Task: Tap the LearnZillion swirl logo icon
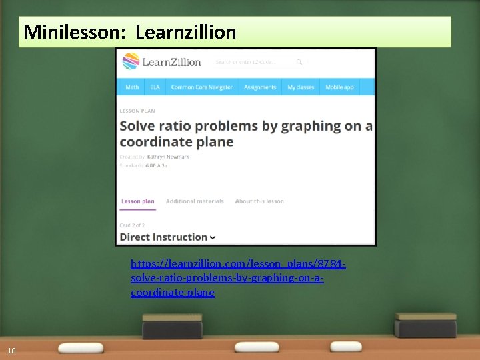pos(129,62)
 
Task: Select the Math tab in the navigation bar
pos(132,87)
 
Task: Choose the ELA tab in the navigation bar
pos(155,87)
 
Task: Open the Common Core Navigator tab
pos(201,87)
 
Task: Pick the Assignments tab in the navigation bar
pos(260,87)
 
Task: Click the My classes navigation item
pos(301,87)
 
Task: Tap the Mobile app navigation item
pos(340,87)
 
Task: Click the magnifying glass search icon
pos(299,62)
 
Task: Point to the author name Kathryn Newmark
pos(168,157)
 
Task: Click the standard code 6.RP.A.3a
pos(157,165)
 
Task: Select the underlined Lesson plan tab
pos(137,201)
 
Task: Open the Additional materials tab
pos(195,201)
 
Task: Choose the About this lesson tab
pos(259,201)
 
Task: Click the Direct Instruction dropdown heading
pos(167,237)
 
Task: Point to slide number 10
pos(11,351)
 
